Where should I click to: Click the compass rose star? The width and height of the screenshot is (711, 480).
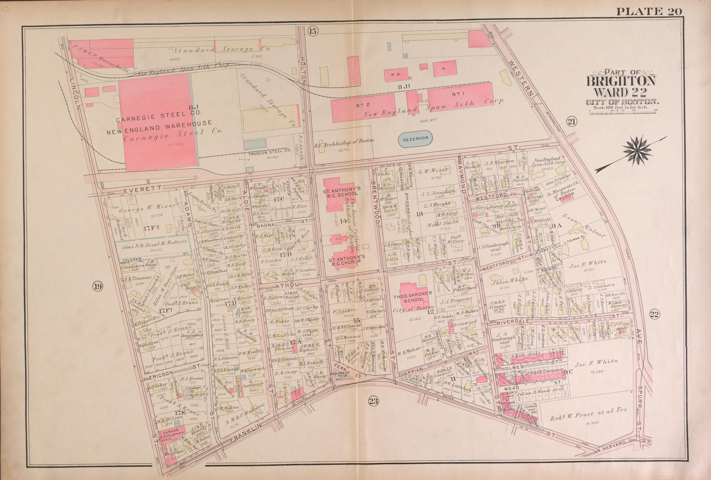point(637,151)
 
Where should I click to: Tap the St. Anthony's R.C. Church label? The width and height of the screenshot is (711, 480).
point(346,260)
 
